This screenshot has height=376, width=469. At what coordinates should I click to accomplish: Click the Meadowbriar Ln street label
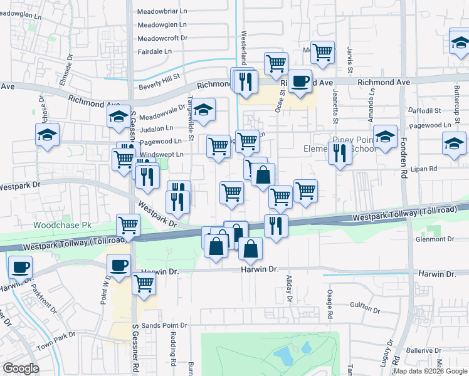tap(162, 11)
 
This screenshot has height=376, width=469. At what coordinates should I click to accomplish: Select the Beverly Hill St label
tap(159, 76)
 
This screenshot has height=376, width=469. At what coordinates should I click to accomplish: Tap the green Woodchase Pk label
tap(62, 224)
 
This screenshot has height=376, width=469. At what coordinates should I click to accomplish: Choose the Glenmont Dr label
tap(434, 239)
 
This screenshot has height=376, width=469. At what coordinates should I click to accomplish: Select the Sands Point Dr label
tap(164, 326)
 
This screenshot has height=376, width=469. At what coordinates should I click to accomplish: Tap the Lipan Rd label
tap(424, 169)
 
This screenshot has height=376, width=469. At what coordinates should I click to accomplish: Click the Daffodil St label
tap(424, 110)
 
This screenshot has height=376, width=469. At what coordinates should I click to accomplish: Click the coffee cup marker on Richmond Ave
tap(300, 81)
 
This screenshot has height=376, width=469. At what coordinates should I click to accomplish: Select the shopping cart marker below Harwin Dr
tap(144, 283)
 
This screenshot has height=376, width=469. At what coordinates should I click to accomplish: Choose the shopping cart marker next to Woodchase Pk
tap(128, 224)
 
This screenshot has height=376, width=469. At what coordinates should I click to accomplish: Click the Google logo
tap(21, 368)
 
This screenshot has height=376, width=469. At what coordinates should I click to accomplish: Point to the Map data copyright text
tap(430, 371)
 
